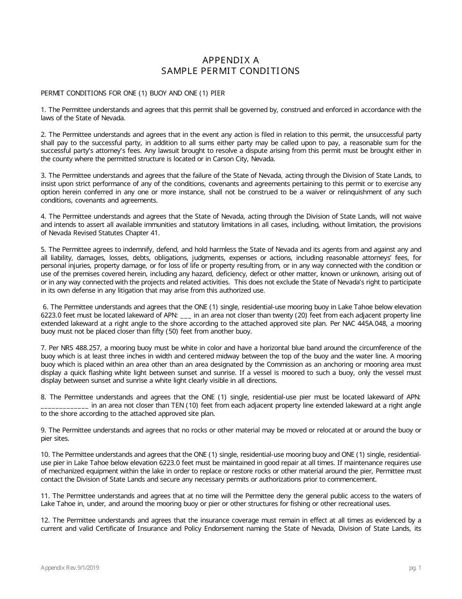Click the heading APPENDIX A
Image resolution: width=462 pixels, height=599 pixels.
coord(231,60)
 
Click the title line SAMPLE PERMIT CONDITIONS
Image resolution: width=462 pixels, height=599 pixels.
coord(231,71)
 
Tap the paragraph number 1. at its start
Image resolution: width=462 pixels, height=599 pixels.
coord(43,110)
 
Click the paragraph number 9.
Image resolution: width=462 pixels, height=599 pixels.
coord(43,430)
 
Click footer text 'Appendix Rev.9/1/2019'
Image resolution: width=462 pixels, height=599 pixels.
coord(71,568)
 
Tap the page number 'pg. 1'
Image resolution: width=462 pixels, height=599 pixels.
coord(415,568)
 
